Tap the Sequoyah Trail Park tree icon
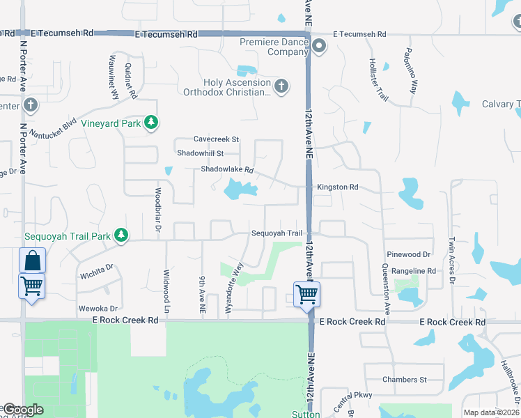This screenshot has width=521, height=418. click(x=122, y=235)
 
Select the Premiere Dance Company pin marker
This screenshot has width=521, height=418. click(x=319, y=47)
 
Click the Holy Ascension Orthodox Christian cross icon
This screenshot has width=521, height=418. click(x=281, y=86)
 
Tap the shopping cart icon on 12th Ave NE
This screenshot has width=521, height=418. click(x=306, y=294)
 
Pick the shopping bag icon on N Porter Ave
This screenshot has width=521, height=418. click(x=32, y=261)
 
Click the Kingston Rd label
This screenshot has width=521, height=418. click(x=337, y=187)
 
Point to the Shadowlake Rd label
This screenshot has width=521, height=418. click(x=227, y=169)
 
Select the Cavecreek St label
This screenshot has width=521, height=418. click(x=216, y=139)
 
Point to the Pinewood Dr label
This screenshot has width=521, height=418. click(x=412, y=256)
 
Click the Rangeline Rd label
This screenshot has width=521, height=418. click(x=414, y=271)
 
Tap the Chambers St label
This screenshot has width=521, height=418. click(x=404, y=380)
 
